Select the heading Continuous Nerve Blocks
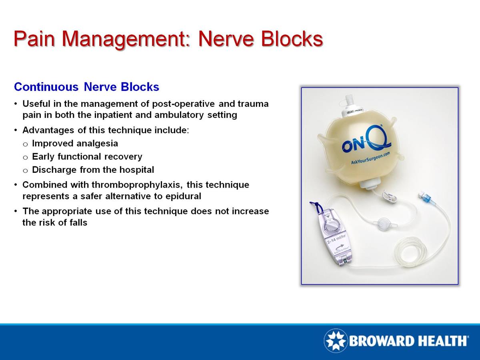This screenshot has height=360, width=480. pyautogui.click(x=86, y=87)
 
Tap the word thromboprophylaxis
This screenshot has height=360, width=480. pyautogui.click(x=137, y=185)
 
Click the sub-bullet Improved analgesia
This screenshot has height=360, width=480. pyautogui.click(x=75, y=143)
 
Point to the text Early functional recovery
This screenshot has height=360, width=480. pyautogui.click(x=87, y=156)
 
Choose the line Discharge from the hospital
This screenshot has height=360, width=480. pyautogui.click(x=93, y=170)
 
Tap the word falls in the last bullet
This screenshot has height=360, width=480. pyautogui.click(x=78, y=222)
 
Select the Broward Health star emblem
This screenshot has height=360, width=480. pyautogui.click(x=335, y=341)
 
